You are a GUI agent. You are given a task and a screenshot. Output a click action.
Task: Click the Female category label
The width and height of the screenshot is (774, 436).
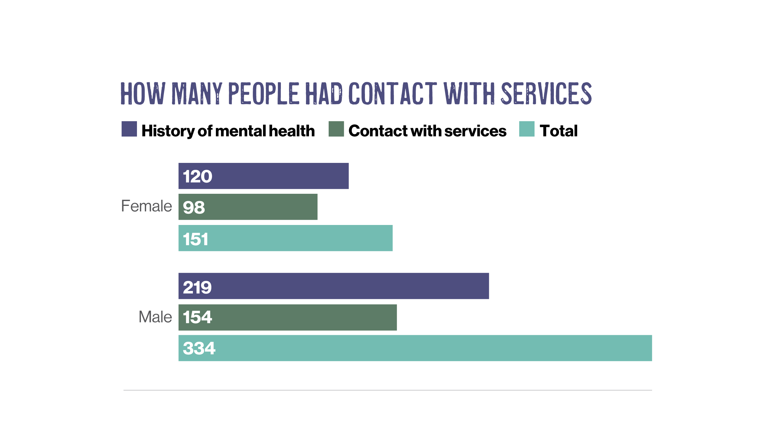tap(146, 206)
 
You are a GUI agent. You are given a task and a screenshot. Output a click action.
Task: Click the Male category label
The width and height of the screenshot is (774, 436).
tap(155, 317)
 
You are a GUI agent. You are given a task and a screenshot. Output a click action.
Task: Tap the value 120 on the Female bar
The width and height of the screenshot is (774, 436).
tap(197, 177)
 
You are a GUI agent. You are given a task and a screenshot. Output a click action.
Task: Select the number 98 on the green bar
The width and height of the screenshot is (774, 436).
tap(194, 208)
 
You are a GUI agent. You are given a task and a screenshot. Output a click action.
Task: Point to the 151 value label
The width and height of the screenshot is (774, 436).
tap(196, 239)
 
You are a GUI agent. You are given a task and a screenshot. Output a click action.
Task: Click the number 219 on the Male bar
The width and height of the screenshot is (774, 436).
tap(197, 287)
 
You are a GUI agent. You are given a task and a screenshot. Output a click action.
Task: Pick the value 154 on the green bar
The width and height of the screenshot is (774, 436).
tap(197, 317)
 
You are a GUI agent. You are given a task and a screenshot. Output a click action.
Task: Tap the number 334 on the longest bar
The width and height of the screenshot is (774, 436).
tap(199, 348)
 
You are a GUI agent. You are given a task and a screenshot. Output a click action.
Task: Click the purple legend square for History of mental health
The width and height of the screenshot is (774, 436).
tap(129, 129)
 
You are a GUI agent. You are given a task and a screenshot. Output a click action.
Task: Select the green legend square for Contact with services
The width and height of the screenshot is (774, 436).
tap(336, 129)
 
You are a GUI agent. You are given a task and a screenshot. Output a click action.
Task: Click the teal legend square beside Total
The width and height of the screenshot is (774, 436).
tap(527, 129)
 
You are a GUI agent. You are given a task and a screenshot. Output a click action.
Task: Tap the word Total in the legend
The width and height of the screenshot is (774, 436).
tap(558, 131)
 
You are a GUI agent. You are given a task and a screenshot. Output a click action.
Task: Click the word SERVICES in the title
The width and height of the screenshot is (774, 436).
tap(546, 93)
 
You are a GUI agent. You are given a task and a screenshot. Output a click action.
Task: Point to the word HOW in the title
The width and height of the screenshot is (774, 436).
tap(143, 93)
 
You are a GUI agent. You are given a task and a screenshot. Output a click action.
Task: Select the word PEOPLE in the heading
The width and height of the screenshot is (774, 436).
tap(263, 93)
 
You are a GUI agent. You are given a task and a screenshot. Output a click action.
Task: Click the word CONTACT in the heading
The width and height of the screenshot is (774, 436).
tap(392, 93)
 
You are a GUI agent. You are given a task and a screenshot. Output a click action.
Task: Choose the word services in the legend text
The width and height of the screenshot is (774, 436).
tap(475, 131)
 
